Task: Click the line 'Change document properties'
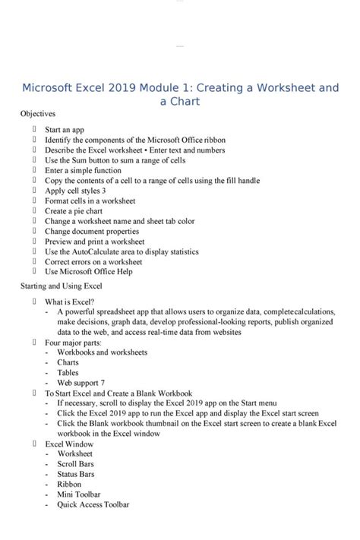tap(92, 231)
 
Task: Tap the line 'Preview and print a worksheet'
tap(94, 242)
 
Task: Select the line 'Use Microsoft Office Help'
tap(88, 271)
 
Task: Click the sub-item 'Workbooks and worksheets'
tap(102, 352)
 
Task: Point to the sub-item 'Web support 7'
tap(81, 383)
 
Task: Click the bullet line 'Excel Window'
tap(69, 444)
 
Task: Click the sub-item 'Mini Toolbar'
tap(78, 494)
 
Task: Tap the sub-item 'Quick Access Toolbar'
tap(93, 504)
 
